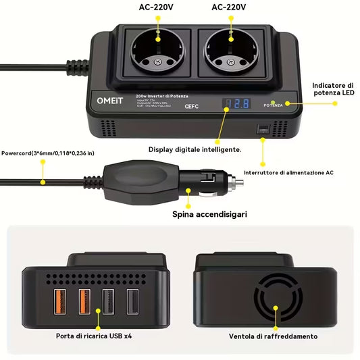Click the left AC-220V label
tap(157, 7)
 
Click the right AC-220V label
tap(229, 7)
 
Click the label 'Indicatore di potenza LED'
tap(333, 89)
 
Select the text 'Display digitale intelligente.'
tap(196, 149)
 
